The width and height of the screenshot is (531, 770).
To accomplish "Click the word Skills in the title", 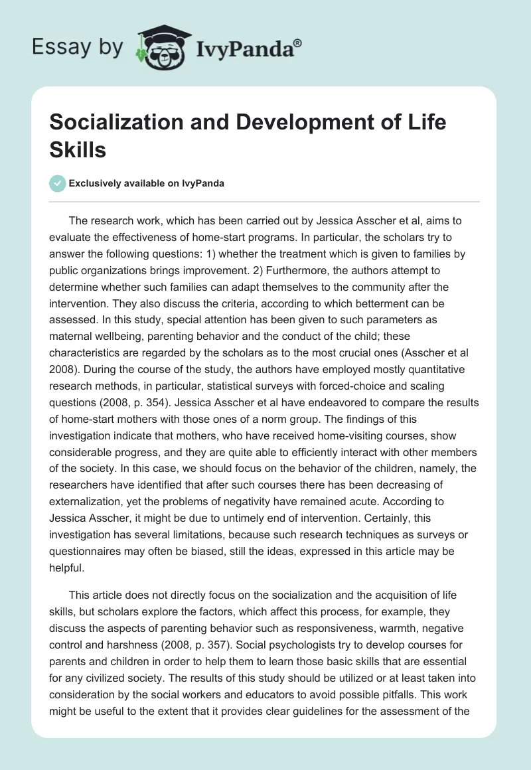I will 78,149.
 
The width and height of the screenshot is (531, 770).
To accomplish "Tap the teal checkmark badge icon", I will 58,183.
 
